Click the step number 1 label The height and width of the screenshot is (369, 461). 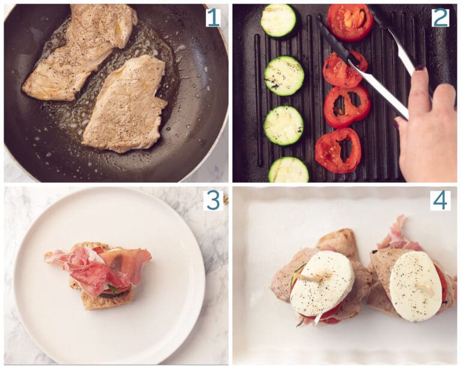point(213,17)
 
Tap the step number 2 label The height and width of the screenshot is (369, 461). point(440,17)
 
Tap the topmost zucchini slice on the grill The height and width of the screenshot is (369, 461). point(279,20)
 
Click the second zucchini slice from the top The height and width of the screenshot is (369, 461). point(284,76)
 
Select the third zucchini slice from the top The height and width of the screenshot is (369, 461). point(283,125)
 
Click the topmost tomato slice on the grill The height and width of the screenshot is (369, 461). point(350,22)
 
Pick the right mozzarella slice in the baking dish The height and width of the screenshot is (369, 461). point(415,285)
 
